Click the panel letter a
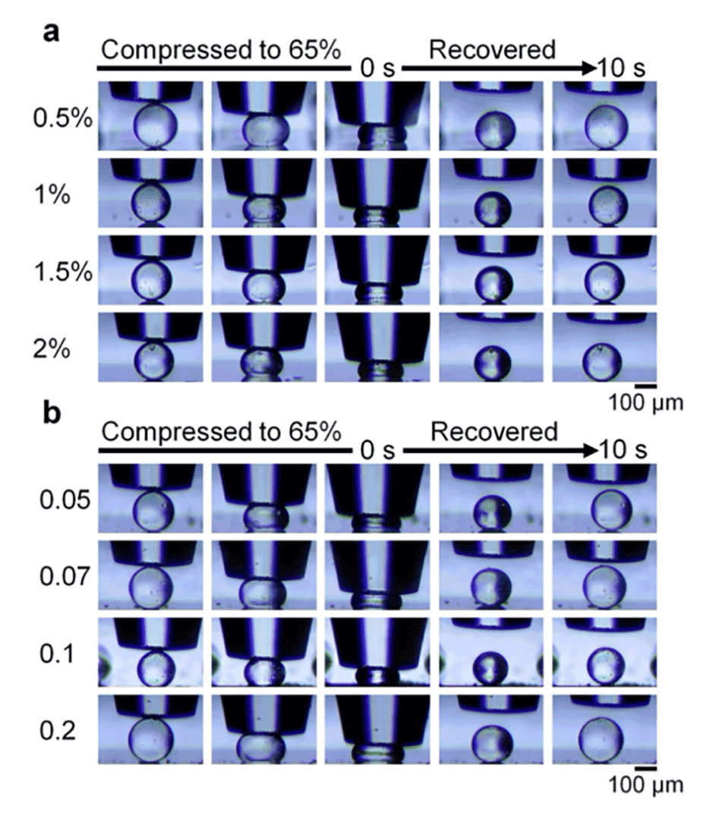51,36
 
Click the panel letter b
51,418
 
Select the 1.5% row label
62,273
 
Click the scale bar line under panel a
646,387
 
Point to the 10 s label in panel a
621,69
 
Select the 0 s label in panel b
377,451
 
